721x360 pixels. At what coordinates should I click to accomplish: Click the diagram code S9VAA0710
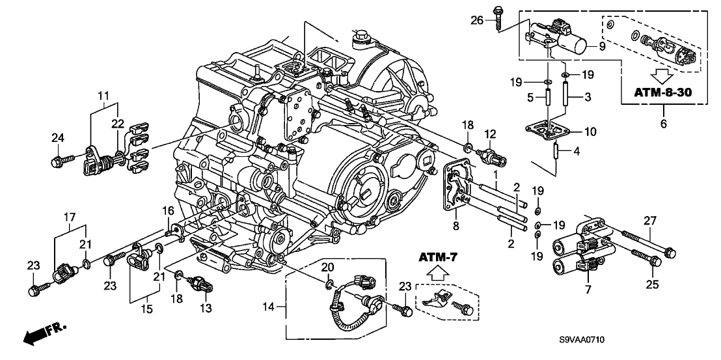click(586, 340)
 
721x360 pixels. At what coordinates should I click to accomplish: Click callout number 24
click(59, 137)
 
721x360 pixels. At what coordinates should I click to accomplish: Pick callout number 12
click(491, 133)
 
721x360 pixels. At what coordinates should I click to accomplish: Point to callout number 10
click(590, 132)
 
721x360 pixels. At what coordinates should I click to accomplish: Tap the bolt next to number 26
click(498, 18)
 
